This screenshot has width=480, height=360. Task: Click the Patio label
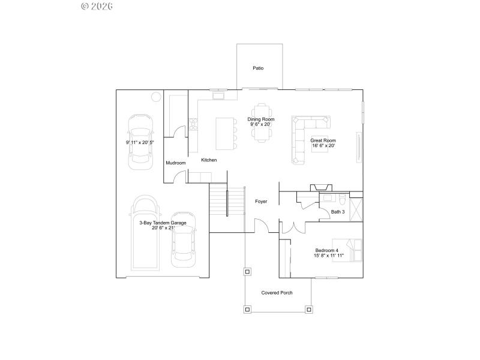[x=258, y=68]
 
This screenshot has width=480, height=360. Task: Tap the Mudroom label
[x=176, y=163]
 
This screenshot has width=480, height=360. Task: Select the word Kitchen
[x=209, y=160]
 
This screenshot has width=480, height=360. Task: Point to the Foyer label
[x=261, y=201]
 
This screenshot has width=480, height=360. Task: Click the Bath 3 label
[x=338, y=211]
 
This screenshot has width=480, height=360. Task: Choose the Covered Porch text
[x=277, y=293]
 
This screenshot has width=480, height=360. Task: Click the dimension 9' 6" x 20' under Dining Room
[x=261, y=124]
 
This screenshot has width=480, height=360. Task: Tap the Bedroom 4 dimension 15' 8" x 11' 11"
[x=328, y=256]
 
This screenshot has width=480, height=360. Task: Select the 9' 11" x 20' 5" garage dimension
[x=139, y=143]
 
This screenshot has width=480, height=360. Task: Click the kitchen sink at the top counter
[x=217, y=95]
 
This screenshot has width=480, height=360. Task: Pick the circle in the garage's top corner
[x=155, y=96]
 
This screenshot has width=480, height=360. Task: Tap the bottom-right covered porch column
[x=309, y=310]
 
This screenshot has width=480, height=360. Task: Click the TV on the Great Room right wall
[x=359, y=146]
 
